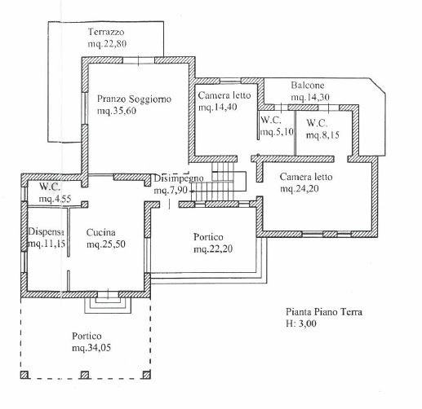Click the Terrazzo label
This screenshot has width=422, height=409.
click(106, 32)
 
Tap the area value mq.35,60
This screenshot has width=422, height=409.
click(117, 111)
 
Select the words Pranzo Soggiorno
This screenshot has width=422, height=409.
click(134, 99)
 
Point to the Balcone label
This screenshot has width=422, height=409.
click(308, 86)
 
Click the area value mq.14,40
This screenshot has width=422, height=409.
click(218, 107)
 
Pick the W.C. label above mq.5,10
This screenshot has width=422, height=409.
click(271, 120)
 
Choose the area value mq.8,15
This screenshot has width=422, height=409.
click(322, 135)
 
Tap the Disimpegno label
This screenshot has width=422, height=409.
click(179, 178)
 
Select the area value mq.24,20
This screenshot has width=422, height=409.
click(300, 188)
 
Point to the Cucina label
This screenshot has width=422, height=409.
click(100, 232)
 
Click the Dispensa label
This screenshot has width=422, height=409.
click(47, 232)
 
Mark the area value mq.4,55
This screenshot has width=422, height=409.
click(55, 199)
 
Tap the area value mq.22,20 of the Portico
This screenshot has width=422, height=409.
click(213, 249)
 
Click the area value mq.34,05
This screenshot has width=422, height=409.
click(91, 348)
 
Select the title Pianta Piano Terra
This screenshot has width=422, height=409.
click(324, 312)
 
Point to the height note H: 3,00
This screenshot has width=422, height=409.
click(301, 323)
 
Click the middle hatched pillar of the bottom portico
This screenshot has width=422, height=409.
click(85, 375)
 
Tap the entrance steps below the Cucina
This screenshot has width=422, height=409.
click(108, 306)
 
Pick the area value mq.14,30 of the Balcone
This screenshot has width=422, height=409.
click(310, 97)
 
